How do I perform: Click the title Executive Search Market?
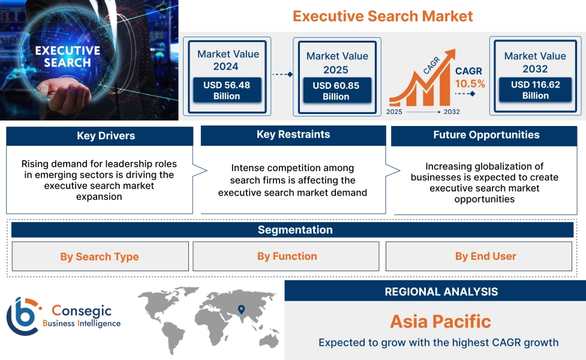point(383,16)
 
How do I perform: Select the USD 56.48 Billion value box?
point(227,91)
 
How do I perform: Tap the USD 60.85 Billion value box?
point(336,91)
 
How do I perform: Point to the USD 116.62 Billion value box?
point(535,90)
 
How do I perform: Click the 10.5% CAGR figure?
point(470,84)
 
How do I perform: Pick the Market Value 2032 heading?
point(535,62)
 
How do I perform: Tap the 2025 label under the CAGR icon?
point(394,112)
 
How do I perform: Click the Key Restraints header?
point(293,135)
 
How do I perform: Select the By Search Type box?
point(100,257)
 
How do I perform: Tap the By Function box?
point(287,256)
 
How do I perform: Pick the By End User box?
point(485,256)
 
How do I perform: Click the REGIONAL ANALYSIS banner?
point(441,292)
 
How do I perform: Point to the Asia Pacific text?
point(440,321)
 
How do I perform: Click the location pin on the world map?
point(241,310)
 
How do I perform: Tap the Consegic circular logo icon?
point(22,316)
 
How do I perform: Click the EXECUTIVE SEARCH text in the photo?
point(67,56)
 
